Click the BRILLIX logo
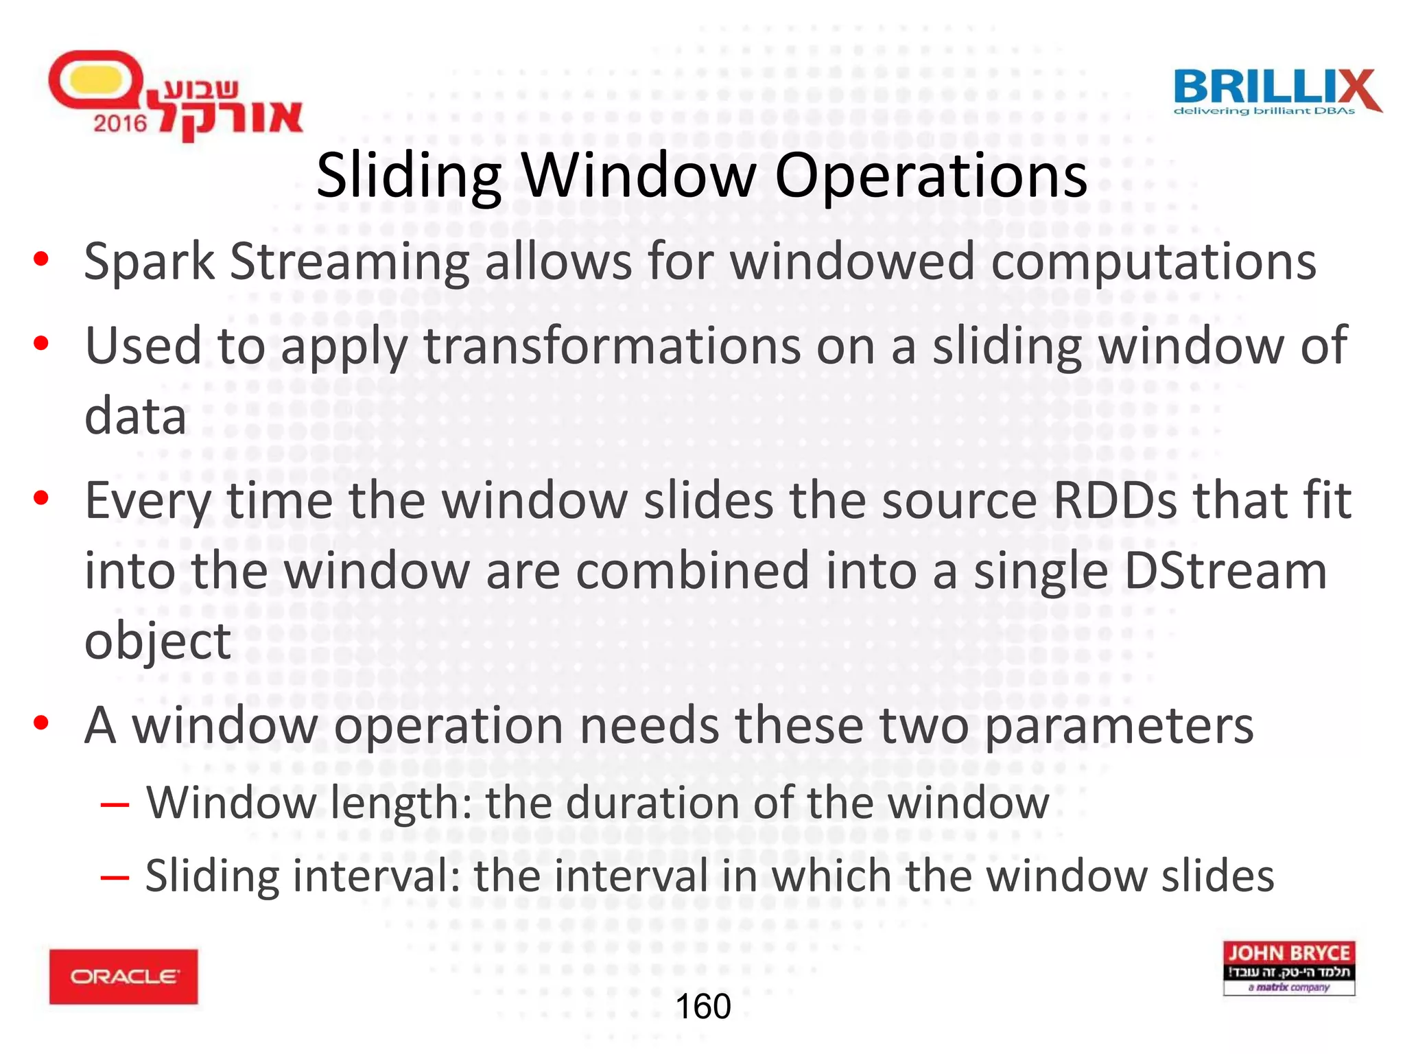coord(1277,92)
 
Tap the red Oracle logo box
coord(123,976)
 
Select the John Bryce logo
coord(1289,968)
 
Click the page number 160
coord(703,1007)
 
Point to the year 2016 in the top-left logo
coord(120,124)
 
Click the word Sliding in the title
coord(409,176)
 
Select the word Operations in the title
coord(930,177)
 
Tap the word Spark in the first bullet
coord(149,262)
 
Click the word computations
coord(1153,263)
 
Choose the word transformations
coord(611,347)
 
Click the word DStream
coord(1225,571)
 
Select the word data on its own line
coord(135,417)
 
